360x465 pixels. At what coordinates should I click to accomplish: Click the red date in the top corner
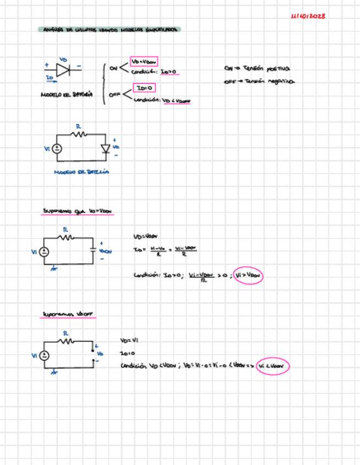coord(308,16)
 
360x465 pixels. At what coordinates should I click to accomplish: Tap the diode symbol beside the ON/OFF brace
coord(64,70)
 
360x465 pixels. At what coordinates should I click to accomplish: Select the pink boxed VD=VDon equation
coord(144,61)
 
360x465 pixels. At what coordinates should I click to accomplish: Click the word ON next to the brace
coord(114,68)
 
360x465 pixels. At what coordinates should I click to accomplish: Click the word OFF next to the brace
coord(114,94)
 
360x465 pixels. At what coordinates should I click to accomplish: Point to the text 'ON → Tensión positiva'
coord(257,69)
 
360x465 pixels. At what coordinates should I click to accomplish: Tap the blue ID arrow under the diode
coord(50,78)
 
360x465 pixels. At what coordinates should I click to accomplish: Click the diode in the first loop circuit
coord(105,148)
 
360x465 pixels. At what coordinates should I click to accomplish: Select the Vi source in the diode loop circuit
coord(57,148)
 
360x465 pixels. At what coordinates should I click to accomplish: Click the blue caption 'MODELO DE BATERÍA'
coord(81,172)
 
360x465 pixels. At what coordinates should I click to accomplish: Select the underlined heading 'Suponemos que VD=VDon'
coord(78,211)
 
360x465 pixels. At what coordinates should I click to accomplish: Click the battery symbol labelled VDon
coord(94,251)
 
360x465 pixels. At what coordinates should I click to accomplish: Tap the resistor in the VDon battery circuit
coord(67,237)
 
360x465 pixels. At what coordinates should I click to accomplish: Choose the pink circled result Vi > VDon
coord(249,277)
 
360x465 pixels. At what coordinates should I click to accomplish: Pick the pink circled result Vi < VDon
coord(272,366)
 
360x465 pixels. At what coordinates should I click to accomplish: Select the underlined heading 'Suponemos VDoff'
coord(68,315)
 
